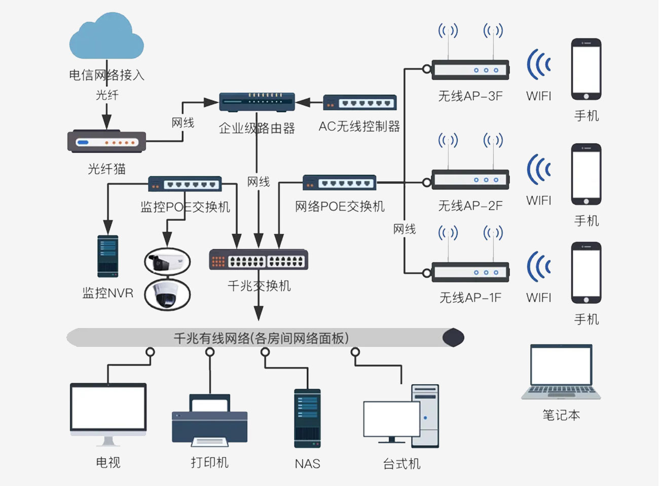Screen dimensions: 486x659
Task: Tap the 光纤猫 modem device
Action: (106, 141)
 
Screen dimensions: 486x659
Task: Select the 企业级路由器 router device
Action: (257, 102)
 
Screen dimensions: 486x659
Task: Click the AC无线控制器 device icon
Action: (359, 103)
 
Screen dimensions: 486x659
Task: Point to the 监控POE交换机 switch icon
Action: (185, 184)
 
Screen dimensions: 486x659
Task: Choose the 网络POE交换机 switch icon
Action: (339, 183)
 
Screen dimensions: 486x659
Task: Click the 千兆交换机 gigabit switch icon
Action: (259, 260)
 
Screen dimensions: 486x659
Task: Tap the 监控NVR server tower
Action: (107, 256)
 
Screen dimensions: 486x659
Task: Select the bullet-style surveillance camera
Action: (167, 262)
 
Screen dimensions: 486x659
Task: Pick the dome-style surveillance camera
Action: (167, 294)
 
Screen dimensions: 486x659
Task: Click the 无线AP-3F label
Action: (470, 96)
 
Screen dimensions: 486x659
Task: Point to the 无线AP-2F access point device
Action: (470, 180)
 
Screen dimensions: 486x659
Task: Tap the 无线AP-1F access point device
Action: (470, 272)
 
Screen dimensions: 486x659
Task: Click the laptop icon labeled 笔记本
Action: (561, 372)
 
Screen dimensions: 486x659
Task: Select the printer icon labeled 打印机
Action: (209, 421)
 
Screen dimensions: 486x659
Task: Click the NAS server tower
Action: (307, 418)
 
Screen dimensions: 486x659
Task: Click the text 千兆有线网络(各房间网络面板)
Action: (261, 338)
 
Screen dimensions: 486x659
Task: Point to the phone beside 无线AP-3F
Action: (586, 69)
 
